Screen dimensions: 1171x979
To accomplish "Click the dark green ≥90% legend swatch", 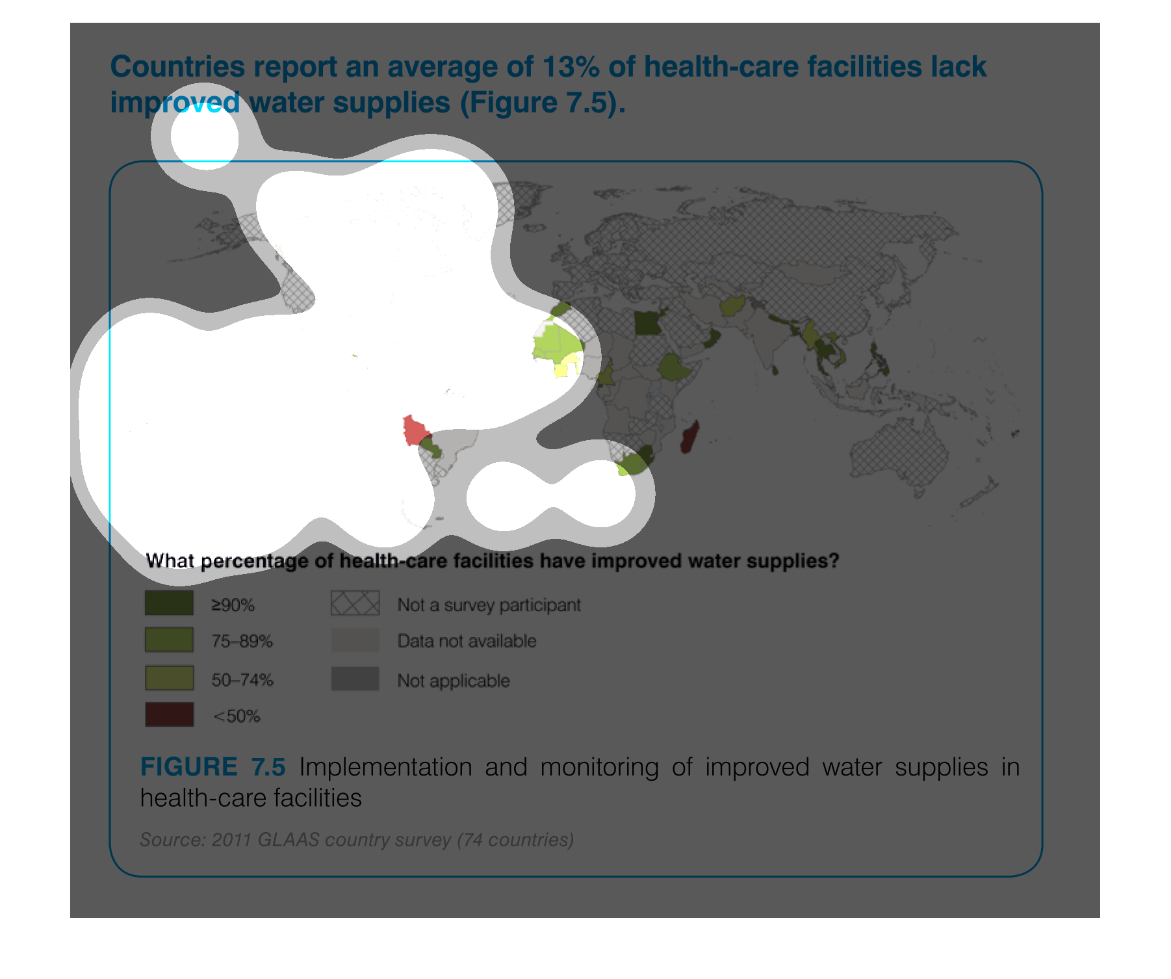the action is pyautogui.click(x=169, y=603).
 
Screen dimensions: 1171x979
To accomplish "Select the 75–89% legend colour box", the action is pyautogui.click(x=169, y=640).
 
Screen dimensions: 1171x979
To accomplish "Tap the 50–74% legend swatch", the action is pyautogui.click(x=169, y=678).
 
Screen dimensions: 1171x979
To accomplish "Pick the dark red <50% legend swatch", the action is pyautogui.click(x=169, y=714).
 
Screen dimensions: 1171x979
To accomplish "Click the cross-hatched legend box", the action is pyautogui.click(x=355, y=603).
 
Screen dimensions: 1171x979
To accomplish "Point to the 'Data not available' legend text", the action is pyautogui.click(x=467, y=641).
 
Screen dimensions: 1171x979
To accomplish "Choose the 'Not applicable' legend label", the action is pyautogui.click(x=454, y=681).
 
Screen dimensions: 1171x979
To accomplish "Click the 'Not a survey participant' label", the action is pyautogui.click(x=489, y=605).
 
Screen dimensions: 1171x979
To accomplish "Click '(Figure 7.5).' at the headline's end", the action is pyautogui.click(x=543, y=103).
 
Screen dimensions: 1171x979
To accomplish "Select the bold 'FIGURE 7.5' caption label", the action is pyautogui.click(x=213, y=767).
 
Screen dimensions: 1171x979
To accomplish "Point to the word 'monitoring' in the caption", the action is pyautogui.click(x=599, y=768).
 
